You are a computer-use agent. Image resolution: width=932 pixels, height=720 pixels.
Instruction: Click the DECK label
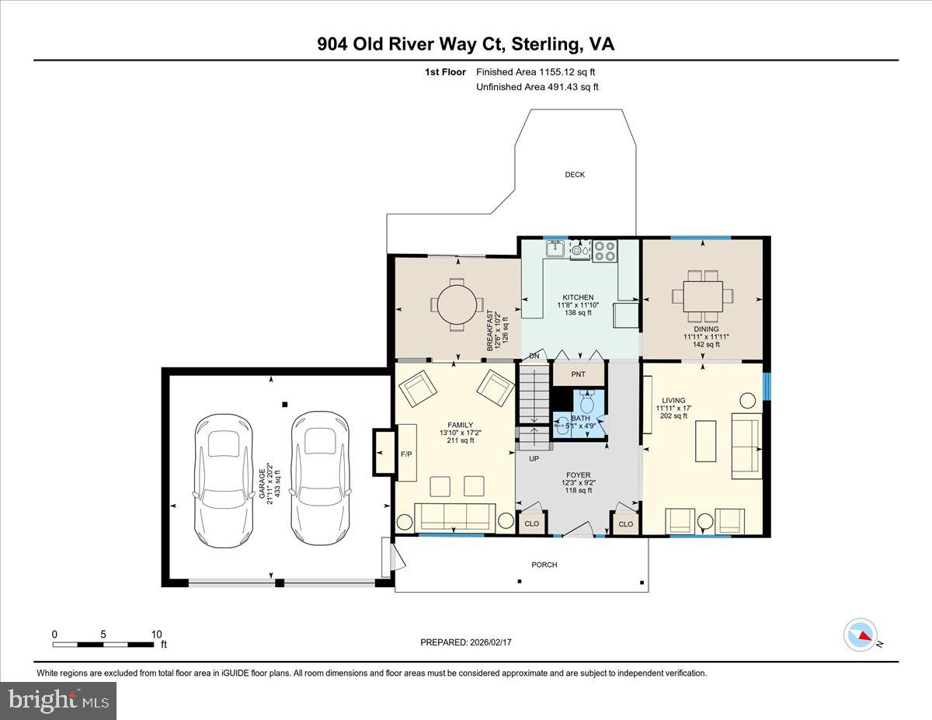[x=575, y=175]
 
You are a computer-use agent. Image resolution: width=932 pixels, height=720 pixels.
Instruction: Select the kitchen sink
[x=555, y=249]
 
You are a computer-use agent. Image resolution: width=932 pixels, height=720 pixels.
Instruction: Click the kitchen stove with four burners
[x=604, y=250]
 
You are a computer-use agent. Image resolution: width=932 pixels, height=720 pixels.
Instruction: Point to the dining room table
[x=703, y=296]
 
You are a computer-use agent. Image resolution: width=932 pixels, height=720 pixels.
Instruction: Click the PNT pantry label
[x=578, y=374]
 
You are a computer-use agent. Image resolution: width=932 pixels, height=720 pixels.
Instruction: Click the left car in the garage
[x=224, y=479]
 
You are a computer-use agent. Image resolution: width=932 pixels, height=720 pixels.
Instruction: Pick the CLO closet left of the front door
[x=532, y=523]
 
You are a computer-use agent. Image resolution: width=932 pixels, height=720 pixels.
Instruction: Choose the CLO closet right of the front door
[x=626, y=524]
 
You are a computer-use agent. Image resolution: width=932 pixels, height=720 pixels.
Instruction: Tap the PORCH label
[x=544, y=565]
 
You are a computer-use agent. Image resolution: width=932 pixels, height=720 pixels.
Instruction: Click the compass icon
[x=861, y=635]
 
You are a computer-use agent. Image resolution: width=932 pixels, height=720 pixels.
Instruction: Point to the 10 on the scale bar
[x=157, y=634]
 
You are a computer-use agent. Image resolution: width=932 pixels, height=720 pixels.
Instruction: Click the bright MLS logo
[x=58, y=701]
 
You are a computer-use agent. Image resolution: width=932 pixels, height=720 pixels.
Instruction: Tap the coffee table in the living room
[x=705, y=441]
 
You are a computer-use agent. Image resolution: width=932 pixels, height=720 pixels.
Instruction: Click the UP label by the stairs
[x=534, y=459]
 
